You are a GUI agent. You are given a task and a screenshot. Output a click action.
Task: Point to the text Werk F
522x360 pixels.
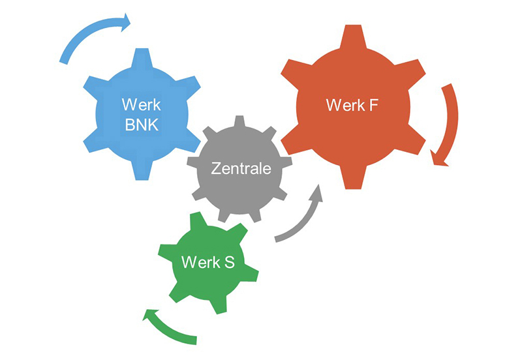point(352,104)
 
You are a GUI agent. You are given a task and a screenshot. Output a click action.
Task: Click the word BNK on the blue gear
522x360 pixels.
point(142,124)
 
